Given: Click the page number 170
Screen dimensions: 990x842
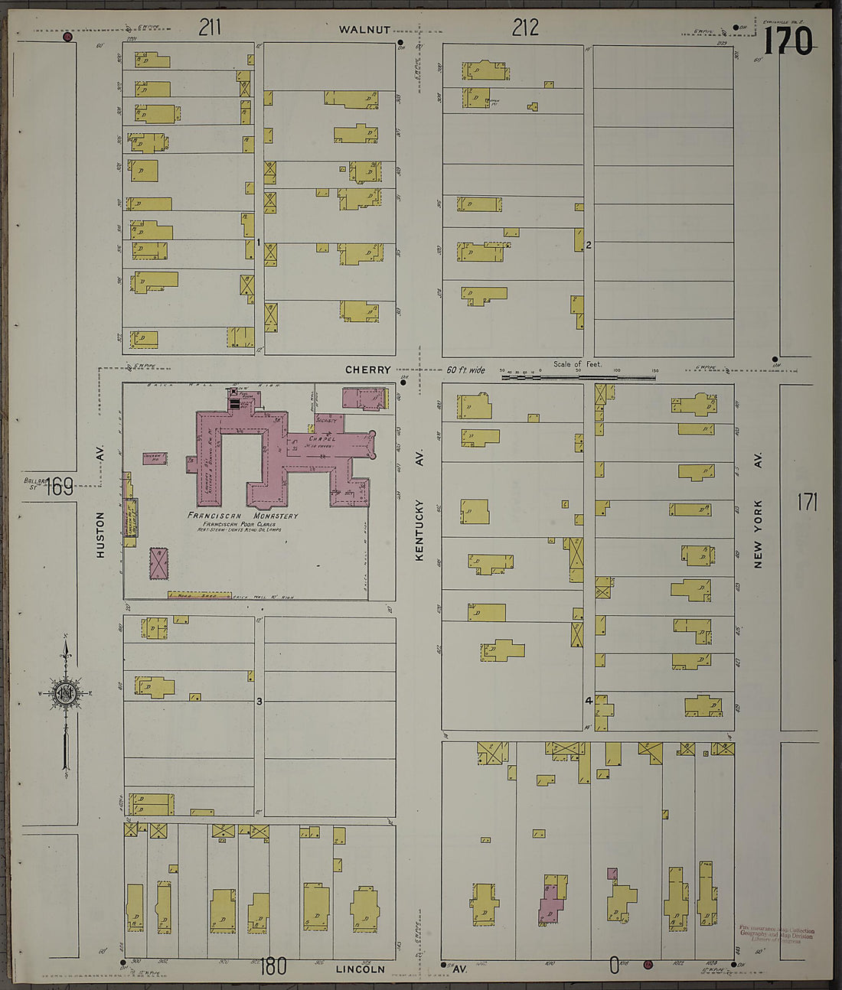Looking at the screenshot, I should click(x=788, y=41).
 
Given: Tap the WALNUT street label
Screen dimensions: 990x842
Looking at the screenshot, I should click(x=365, y=30).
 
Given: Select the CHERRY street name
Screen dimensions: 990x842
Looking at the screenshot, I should click(x=367, y=370).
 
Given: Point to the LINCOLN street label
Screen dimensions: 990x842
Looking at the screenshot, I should click(x=361, y=969).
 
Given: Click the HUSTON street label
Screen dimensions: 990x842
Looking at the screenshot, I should click(x=100, y=534).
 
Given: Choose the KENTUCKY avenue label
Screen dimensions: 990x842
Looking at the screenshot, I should click(x=419, y=530).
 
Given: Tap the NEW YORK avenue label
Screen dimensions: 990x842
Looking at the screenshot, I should click(x=758, y=533).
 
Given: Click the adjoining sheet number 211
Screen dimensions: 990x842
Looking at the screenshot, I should click(x=210, y=28).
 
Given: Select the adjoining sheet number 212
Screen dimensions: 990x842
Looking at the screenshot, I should click(x=525, y=28).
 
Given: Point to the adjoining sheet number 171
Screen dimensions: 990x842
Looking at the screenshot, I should click(x=807, y=503).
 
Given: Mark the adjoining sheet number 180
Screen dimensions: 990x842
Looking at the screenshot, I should click(x=273, y=967).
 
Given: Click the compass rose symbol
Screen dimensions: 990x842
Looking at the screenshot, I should click(x=65, y=693).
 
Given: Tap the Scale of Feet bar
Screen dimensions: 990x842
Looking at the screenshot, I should click(x=579, y=375).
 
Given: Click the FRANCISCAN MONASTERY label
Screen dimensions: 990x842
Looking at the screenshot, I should click(x=243, y=516).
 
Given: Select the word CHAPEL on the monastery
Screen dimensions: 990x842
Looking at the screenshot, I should click(x=323, y=439).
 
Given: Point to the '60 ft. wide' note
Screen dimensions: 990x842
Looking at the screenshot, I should click(x=465, y=370).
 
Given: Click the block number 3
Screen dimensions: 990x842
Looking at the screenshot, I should click(x=259, y=702).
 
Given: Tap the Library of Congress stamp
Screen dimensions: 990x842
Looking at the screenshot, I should click(x=776, y=935).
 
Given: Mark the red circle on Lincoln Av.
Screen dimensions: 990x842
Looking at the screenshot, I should click(x=648, y=965).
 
